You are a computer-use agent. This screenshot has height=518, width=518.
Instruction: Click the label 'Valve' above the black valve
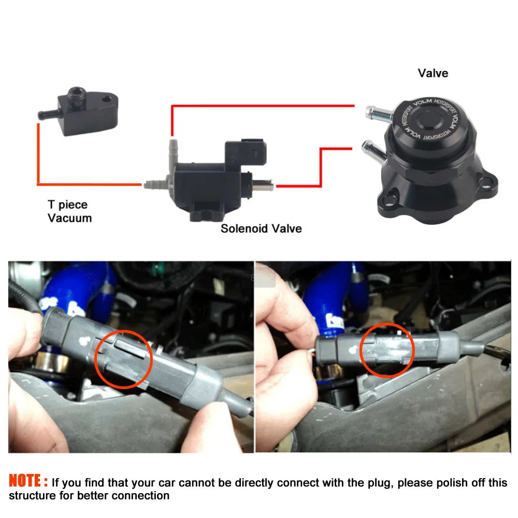tap(433, 73)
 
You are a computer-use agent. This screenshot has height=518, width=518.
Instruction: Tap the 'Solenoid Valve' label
tap(261, 228)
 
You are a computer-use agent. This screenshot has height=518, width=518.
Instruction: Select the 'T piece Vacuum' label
tap(69, 211)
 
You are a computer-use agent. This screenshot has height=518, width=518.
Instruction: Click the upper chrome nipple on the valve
tap(378, 113)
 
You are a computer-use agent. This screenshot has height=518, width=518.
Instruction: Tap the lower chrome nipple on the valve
tap(373, 151)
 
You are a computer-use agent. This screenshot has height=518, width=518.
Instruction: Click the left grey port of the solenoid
tap(156, 183)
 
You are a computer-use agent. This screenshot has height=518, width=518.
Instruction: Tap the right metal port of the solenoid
tap(263, 184)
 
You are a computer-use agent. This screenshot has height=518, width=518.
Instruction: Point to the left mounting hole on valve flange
tap(390, 199)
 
